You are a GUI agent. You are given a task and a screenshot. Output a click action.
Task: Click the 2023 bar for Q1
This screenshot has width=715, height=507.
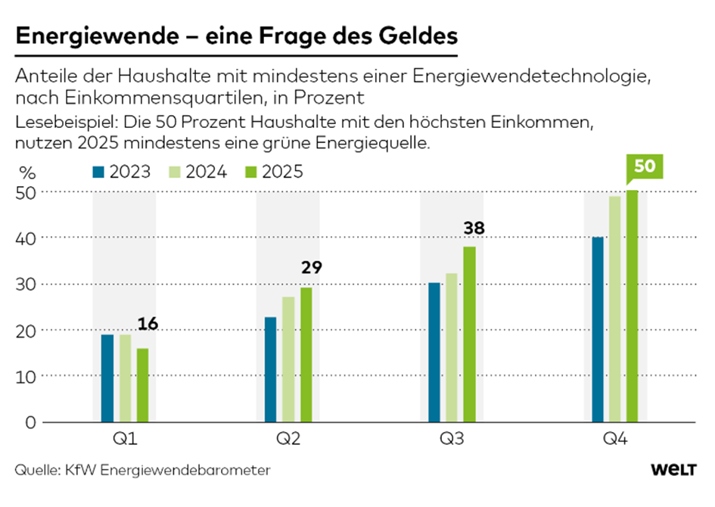[107, 378]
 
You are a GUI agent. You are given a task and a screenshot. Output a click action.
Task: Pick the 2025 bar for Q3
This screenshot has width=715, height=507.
[469, 334]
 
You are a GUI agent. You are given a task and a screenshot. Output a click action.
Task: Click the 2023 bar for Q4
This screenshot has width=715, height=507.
[598, 329]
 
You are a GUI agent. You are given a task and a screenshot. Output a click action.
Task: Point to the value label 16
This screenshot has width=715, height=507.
[148, 325]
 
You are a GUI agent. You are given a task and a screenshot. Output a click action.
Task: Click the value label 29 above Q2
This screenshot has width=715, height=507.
[312, 267]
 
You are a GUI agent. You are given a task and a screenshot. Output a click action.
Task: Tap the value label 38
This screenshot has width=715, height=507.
[475, 228]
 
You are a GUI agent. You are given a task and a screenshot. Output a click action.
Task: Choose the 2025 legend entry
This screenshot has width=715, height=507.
[282, 172]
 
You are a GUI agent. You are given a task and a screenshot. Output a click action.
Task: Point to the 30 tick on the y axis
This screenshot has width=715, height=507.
[26, 285]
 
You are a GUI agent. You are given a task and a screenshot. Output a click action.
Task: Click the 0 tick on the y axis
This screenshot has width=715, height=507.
[30, 421]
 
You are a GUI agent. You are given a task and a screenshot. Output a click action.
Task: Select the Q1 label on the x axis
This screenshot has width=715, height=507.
[124, 438]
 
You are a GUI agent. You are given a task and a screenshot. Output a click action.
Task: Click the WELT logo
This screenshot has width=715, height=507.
[673, 470]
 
